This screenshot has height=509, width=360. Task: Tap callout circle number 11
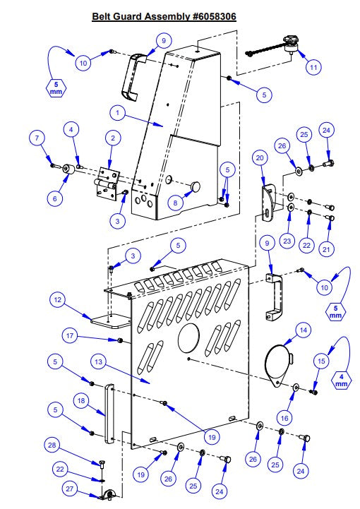tap(313, 68)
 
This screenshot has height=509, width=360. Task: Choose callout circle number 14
tap(303, 330)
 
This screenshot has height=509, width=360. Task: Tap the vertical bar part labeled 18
tap(110, 414)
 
